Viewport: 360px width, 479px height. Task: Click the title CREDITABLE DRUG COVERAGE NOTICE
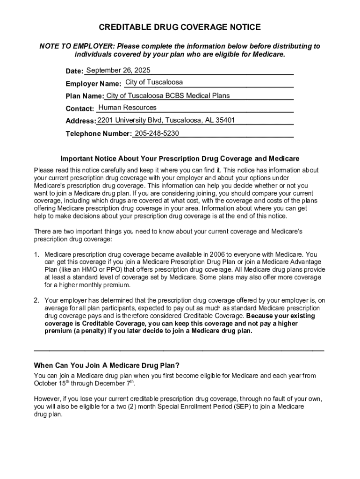[180, 28]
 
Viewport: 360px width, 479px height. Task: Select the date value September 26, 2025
[118, 71]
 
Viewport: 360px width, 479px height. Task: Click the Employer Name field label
[94, 84]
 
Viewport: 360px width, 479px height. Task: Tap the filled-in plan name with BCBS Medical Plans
[168, 96]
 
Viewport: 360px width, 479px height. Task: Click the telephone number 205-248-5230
[157, 133]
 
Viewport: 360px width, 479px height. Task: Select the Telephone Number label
[98, 134]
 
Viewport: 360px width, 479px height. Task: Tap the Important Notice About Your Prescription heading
[180, 159]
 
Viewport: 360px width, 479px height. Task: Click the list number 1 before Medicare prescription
[36, 255]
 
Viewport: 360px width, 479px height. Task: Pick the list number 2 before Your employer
[36, 300]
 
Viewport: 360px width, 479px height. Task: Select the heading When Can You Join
[107, 365]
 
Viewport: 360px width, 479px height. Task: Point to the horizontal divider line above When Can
[180, 350]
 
